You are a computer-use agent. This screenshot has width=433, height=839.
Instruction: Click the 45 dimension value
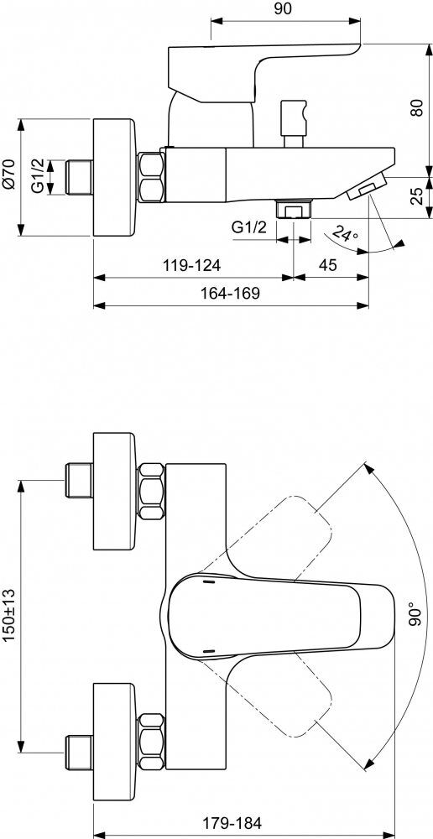328,265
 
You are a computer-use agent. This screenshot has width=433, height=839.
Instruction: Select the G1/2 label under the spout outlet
249,227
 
